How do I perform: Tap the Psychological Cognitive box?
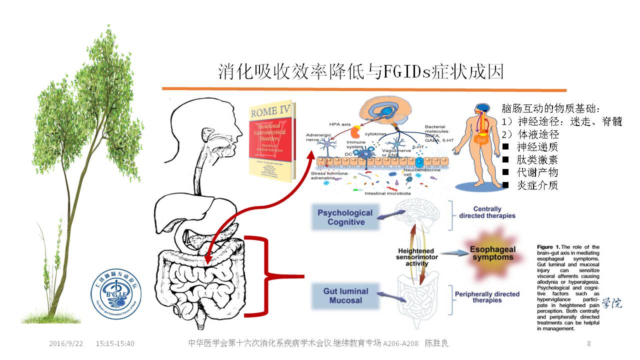345,217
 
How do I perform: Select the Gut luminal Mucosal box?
345,295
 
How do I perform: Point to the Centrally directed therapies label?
487,212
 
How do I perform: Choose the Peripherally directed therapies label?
486,297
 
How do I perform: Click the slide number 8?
588,343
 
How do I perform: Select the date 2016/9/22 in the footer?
66,343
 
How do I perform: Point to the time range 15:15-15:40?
115,343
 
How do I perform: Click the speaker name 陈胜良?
436,343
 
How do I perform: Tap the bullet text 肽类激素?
537,160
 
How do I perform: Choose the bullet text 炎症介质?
537,185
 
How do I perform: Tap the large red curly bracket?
272,276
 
